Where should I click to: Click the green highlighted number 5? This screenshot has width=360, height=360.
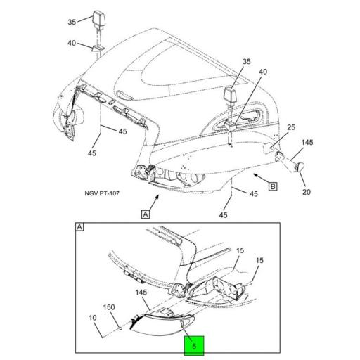click(193, 345)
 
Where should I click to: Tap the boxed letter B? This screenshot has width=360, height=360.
click(272, 186)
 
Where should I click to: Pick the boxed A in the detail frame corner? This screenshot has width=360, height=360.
click(80, 227)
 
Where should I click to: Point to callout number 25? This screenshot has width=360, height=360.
click(290, 127)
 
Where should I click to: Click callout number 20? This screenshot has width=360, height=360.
click(306, 192)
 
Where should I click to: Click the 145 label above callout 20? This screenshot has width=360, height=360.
click(307, 143)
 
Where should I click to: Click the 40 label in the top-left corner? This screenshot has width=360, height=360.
click(71, 43)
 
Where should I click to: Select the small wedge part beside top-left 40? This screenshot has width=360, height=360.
click(97, 49)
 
